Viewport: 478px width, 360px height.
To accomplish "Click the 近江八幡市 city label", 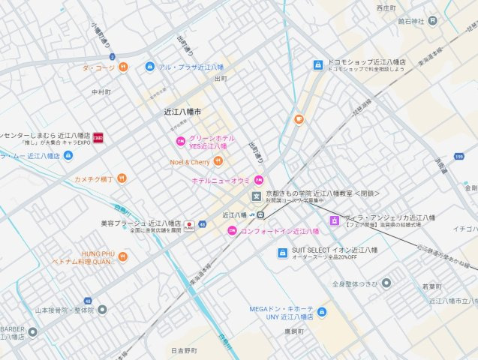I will pos(182,111).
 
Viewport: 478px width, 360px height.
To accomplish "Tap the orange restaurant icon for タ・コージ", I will pos(123,67).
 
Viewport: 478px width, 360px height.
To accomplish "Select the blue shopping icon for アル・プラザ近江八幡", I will pos(149,67).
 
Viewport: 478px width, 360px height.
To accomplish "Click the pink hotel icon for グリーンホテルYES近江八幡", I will pos(180,141).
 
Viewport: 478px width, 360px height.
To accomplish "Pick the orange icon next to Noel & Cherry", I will pos(218,161).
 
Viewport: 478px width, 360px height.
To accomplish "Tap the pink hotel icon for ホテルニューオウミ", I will pos(258,180).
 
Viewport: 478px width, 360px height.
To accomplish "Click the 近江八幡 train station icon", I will pos(256,214).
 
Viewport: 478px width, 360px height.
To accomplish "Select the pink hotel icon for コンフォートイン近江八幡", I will pos(232,230).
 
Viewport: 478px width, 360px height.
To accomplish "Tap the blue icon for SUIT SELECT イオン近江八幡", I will pos(283,253).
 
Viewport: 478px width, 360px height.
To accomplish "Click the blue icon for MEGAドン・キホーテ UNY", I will pos(321,310).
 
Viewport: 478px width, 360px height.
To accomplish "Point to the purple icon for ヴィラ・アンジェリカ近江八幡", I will pos(334,220).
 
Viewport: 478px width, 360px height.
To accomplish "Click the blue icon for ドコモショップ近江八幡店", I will pos(318,65).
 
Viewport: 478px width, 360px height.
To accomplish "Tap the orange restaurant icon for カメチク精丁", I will pos(122,178).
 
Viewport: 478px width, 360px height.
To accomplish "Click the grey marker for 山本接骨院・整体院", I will pos(102,309).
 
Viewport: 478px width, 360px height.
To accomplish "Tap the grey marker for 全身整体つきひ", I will pos(386,283).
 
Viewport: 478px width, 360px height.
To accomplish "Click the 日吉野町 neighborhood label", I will pos(182,350).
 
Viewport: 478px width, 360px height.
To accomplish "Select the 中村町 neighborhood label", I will pos(101,92).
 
